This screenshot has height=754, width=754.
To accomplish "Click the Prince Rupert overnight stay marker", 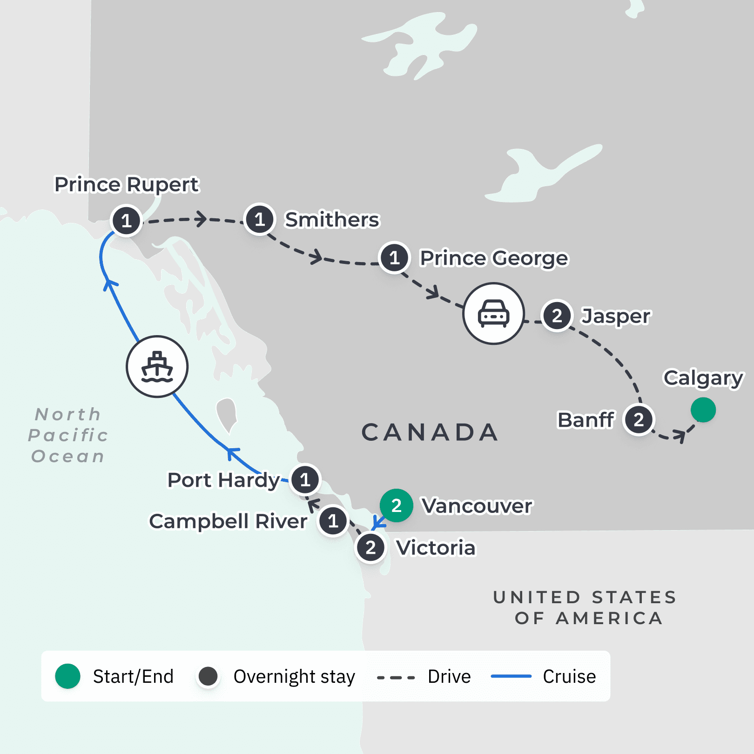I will tap(126, 221).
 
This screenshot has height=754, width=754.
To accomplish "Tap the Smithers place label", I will tap(332, 220).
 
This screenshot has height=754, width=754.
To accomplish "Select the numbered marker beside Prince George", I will tap(394, 257).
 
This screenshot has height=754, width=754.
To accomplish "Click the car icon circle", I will tap(493, 314).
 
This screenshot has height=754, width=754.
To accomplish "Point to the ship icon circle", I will tap(157, 367).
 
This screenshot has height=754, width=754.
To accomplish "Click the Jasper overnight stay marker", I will tap(557, 316).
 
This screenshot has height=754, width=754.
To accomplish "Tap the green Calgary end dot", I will tap(703, 410).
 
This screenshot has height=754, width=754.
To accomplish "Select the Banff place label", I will tap(586, 420).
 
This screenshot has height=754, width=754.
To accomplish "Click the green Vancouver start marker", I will tap(396, 505).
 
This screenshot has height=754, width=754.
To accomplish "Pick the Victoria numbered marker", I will tap(370, 548).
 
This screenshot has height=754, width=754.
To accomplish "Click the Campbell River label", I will tap(228, 521).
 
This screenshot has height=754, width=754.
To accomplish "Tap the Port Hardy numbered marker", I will tap(305, 480).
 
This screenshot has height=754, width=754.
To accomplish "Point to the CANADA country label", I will tap(430, 432).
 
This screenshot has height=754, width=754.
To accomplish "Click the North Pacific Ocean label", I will tap(68, 435).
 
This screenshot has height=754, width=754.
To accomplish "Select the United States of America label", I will tap(586, 607).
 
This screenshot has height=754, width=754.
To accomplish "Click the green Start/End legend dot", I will tap(68, 676).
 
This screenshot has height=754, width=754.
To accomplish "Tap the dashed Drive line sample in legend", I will tap(396, 677).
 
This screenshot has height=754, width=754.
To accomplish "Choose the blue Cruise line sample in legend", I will tap(511, 676).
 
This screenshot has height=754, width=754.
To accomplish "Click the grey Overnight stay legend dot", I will tap(208, 676).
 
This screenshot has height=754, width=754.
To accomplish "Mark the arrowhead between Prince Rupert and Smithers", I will tap(201, 219).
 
